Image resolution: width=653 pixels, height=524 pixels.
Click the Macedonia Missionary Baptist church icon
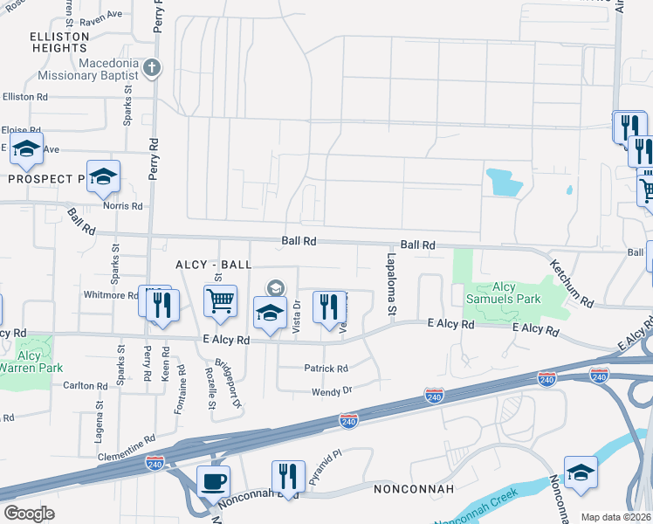152,67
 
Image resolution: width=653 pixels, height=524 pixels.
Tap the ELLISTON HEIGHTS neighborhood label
59,42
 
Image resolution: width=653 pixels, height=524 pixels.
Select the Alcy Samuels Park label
504,293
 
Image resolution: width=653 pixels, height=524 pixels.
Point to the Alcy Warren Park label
30,362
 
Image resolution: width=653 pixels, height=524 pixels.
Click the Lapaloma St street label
392,284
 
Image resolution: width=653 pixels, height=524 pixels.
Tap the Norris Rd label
123,206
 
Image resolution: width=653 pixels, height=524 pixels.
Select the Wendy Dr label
332,391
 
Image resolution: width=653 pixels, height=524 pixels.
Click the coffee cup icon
213,480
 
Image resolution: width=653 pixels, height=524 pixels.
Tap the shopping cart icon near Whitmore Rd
220,301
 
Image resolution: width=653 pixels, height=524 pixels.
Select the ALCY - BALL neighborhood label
213,264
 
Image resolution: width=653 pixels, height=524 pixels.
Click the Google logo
29,514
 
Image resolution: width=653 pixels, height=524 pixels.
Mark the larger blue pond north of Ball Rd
505,182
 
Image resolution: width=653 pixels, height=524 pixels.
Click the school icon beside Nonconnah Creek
581,472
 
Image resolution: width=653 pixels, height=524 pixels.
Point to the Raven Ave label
101,16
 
